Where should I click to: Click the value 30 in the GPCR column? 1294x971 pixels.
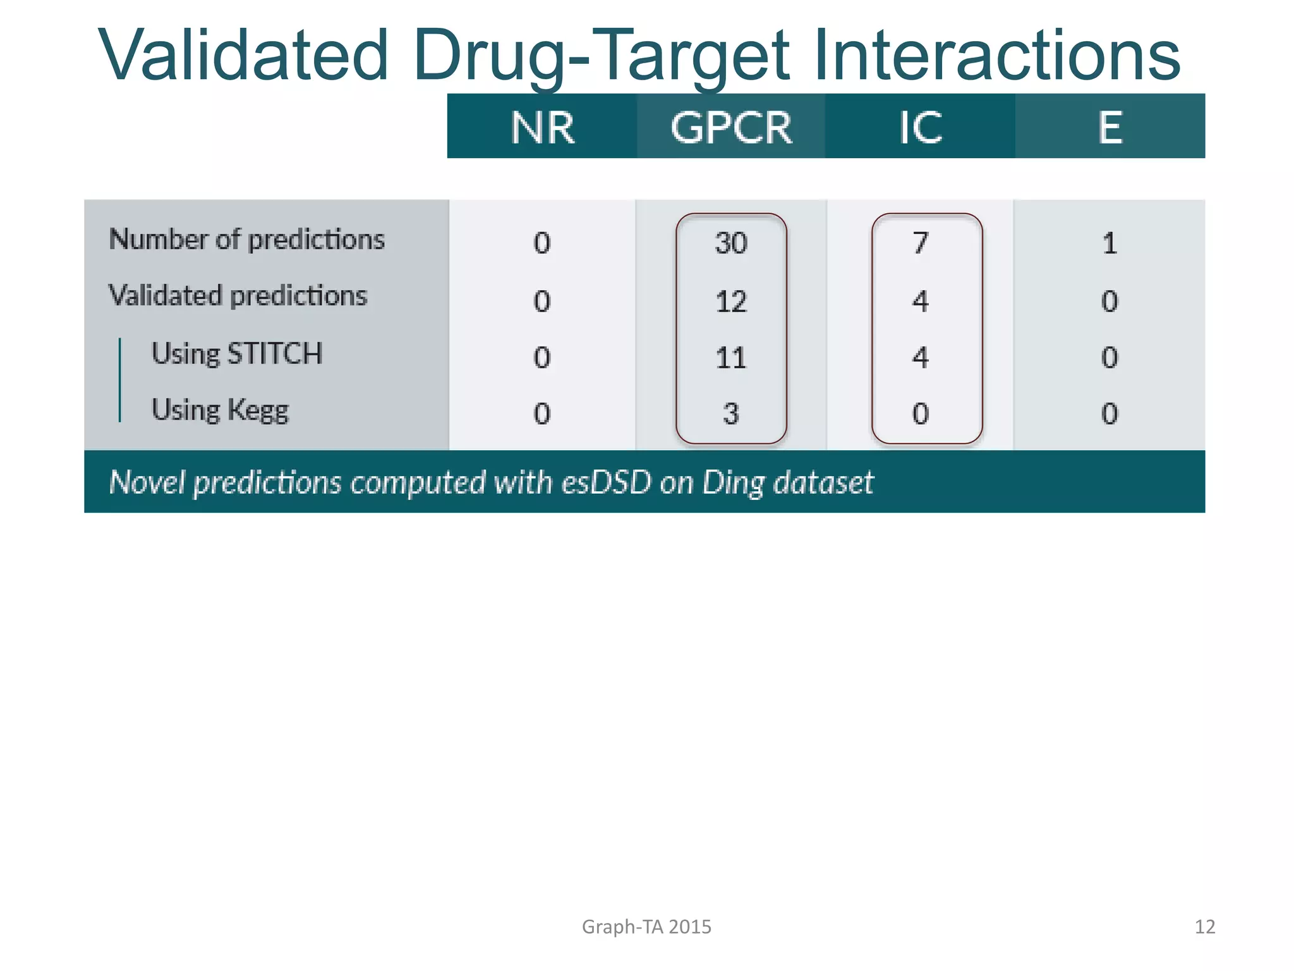[731, 243]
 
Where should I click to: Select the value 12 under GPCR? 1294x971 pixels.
[731, 302]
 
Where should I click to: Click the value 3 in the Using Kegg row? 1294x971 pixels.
[731, 414]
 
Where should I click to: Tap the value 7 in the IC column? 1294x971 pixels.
[921, 243]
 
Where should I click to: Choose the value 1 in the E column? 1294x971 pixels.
[1110, 243]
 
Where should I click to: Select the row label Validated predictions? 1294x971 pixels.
[238, 296]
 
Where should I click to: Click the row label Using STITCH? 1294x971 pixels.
[237, 353]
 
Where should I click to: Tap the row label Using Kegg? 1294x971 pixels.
[220, 410]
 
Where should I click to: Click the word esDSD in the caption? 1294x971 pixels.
[606, 482]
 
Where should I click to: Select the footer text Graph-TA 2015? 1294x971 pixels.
[646, 927]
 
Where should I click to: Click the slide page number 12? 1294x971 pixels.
[1204, 927]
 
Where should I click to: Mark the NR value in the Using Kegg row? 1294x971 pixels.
[542, 414]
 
